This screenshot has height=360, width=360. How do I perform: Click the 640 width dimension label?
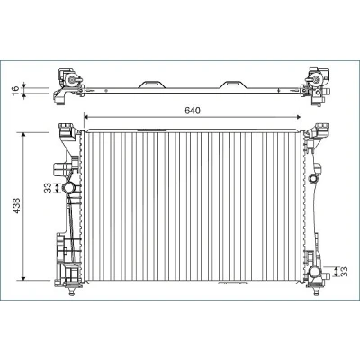[193, 111]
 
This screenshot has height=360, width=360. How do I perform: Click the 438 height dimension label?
[17, 205]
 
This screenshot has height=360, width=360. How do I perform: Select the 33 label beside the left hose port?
[48, 188]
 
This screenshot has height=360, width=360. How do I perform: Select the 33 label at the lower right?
[344, 272]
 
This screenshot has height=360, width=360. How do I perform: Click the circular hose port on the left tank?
[68, 188]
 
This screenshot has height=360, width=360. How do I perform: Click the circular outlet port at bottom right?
[315, 272]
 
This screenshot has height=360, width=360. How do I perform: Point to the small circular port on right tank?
[312, 179]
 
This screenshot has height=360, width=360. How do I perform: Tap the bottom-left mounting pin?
[71, 291]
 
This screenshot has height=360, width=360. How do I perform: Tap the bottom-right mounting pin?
[315, 291]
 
